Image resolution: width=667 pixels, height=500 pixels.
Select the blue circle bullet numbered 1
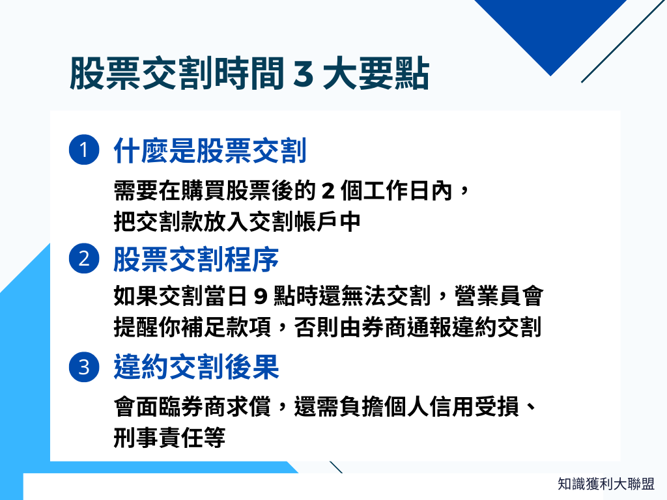83,150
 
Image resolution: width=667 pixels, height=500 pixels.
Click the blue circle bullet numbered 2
83,259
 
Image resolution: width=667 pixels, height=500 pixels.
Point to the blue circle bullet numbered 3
83,368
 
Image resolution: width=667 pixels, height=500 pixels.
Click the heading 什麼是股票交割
210,151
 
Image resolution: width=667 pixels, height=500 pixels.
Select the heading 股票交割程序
196,260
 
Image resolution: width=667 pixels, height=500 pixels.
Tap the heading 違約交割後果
196,368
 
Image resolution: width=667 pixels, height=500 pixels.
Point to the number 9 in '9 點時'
260,298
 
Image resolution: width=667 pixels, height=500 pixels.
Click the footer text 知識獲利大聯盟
606,484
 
